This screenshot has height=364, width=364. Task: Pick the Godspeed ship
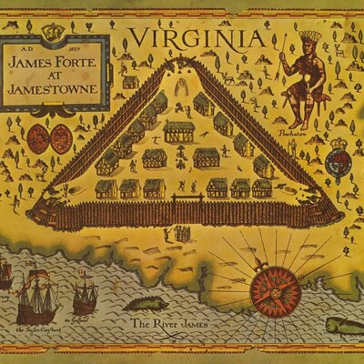tap(85, 294)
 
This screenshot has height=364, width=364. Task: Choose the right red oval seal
tap(59, 139)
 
